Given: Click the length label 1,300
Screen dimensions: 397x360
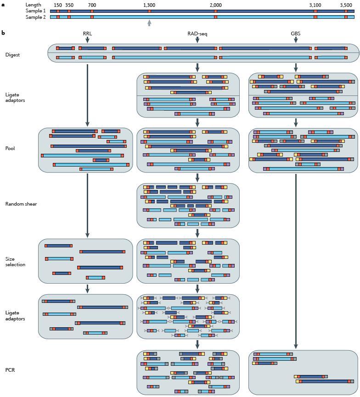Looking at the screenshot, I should tap(149, 5).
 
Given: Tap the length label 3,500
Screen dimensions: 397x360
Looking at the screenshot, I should tap(346, 5).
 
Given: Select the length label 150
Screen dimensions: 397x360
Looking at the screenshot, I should tap(58, 5).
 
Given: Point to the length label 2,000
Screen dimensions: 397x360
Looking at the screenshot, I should tap(215, 5).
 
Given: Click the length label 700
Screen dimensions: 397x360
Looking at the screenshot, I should tap(92, 5).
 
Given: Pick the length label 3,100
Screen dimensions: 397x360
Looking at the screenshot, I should tap(315, 5).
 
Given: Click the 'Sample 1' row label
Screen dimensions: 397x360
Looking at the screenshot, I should tap(35, 11).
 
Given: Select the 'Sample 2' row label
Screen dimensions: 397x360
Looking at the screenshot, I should tap(35, 17).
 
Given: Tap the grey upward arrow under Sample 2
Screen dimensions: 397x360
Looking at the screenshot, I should tap(149, 23).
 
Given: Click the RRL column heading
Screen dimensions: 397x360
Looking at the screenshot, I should tap(87, 34).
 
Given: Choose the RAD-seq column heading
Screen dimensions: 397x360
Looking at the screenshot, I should tap(197, 34).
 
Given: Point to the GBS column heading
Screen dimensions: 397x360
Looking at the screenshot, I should tap(296, 34).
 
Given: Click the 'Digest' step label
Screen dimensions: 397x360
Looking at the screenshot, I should tap(12, 55).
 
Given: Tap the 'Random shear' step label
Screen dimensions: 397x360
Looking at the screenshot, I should tap(21, 204).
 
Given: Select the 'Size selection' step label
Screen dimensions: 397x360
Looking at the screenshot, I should tap(15, 262).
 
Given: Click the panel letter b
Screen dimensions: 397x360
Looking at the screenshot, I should tap(3, 33).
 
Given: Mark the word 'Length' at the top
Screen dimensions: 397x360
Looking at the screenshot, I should tap(33, 5).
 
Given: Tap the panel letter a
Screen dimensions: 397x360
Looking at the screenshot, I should tap(3, 5).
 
